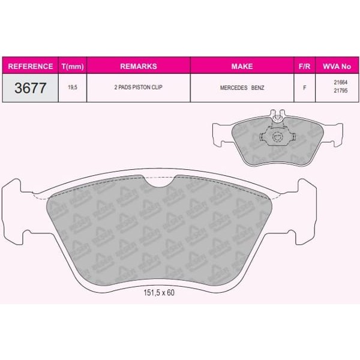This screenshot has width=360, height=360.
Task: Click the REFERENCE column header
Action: coord(29,66)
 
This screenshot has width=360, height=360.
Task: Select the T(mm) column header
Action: coord(72,66)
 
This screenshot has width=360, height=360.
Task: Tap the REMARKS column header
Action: coord(139,66)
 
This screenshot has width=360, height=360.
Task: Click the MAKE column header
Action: coord(242,66)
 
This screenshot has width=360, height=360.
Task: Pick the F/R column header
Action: coord(304,66)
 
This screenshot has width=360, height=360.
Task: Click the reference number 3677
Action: coord(29,88)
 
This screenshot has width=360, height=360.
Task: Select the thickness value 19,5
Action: coord(72,88)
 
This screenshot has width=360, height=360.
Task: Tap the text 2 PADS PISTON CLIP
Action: coord(139,88)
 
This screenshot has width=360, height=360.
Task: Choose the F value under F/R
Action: coord(304,88)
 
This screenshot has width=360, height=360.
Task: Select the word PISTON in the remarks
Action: coord(140,88)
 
